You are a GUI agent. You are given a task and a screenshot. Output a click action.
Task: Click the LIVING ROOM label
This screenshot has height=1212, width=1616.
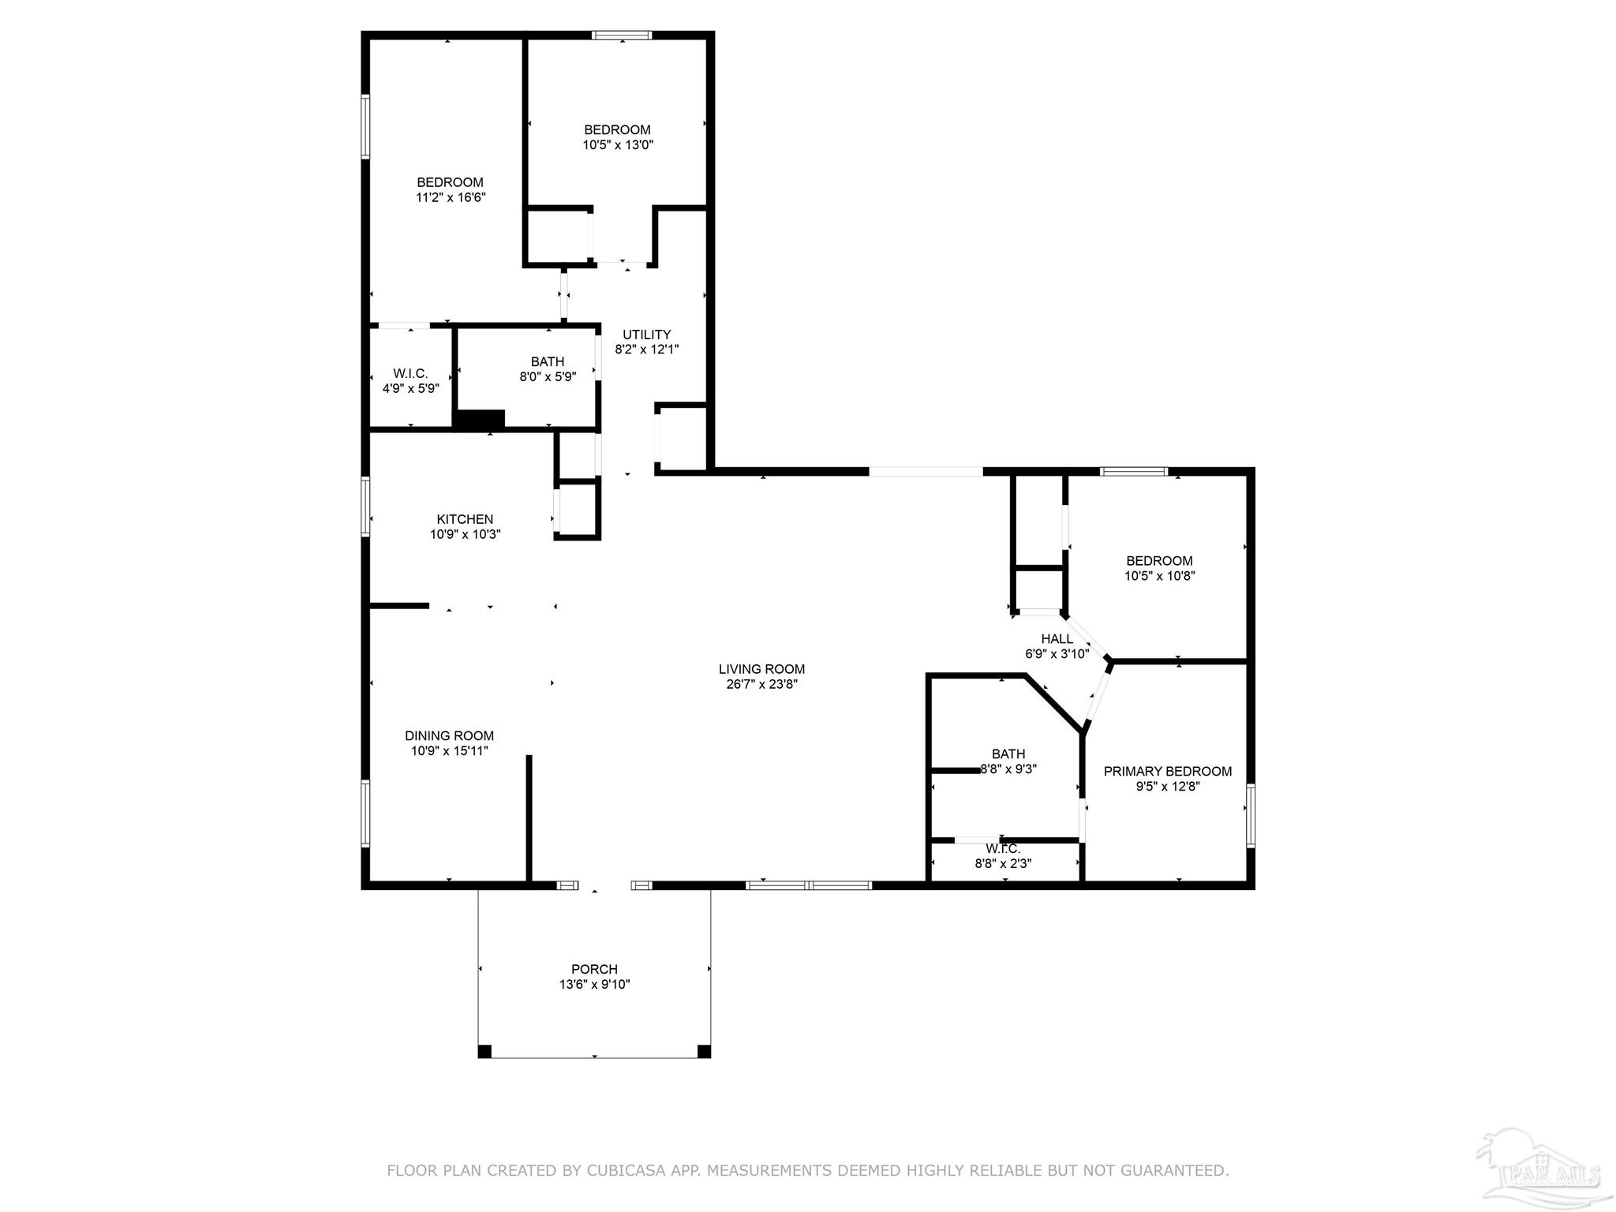click(761, 669)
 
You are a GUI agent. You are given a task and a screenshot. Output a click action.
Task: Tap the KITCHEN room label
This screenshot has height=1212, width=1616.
click(465, 519)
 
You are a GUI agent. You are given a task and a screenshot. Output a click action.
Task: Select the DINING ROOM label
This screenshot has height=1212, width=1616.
click(450, 735)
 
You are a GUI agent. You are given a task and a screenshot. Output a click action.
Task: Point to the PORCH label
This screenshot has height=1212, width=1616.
click(594, 969)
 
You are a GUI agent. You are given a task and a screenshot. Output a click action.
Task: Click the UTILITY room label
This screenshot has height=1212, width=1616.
click(647, 335)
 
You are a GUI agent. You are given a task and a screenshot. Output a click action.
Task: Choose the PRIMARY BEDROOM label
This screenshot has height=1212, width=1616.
click(1168, 772)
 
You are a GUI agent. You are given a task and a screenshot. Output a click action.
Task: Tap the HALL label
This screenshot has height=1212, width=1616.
click(1057, 639)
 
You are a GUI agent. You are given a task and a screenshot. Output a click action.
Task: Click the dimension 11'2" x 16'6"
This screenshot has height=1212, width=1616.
click(451, 197)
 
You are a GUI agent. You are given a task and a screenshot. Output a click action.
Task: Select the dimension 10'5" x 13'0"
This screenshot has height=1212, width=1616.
click(618, 144)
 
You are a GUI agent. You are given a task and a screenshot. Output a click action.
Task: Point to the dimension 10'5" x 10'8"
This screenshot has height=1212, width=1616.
click(1160, 576)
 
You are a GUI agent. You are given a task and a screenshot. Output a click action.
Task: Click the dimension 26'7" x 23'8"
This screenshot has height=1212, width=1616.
click(761, 684)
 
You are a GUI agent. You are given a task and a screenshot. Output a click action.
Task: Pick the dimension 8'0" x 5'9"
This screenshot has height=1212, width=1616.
click(548, 377)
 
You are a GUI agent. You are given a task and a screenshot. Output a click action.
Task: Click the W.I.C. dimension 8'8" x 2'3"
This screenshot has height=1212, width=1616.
click(1003, 863)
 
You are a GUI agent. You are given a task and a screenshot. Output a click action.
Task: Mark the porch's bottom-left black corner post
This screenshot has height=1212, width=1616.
click(484, 1051)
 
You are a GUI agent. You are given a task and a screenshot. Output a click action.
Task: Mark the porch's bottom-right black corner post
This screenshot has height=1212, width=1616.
click(705, 1051)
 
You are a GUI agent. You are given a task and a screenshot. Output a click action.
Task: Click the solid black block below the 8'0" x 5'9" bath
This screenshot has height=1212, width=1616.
click(480, 420)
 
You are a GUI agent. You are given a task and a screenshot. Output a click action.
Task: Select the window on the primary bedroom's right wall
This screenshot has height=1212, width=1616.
click(1251, 816)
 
